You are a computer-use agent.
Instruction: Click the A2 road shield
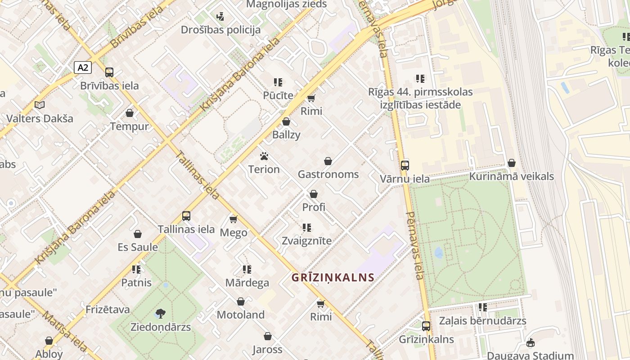83,67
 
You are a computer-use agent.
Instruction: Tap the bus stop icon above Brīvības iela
109,72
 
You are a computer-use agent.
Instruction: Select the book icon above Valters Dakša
40,105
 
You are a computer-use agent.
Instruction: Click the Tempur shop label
129,126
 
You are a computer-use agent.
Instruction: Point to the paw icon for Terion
264,156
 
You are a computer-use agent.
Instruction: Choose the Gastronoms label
328,174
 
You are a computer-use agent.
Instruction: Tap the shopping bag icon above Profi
314,194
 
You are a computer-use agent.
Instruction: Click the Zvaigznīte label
306,241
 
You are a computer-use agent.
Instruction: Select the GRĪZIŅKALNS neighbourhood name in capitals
333,277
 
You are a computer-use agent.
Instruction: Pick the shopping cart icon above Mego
233,219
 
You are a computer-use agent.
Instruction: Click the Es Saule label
138,247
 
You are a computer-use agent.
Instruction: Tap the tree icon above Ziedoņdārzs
160,313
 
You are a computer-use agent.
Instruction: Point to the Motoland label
240,315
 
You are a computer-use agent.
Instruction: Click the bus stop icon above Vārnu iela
405,165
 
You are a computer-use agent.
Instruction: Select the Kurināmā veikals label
511,176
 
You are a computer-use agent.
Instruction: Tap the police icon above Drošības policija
220,17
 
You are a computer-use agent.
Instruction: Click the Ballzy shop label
286,135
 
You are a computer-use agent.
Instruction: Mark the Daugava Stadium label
530,355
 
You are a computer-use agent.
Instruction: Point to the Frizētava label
108,310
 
